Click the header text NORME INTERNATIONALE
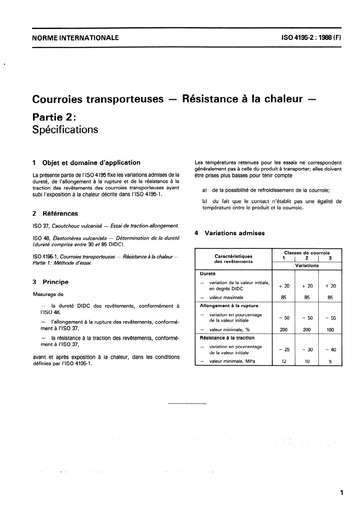point(75,38)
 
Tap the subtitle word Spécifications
point(65,129)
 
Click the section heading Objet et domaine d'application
point(91,163)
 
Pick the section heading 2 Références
point(55,213)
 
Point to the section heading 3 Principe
point(50,282)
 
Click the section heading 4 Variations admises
point(229,233)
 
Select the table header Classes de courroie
point(306,252)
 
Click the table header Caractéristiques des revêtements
point(234,259)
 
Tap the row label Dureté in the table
point(208,274)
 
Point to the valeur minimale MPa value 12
point(284,362)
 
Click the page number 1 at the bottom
point(341,493)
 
